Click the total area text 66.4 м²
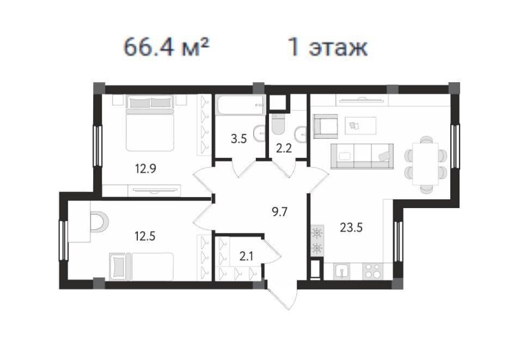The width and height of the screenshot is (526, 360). pos(167,47)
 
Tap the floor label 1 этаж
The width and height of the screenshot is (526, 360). pos(328,47)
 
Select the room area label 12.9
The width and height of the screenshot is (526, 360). pos(145,168)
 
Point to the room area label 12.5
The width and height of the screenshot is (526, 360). pos(145,236)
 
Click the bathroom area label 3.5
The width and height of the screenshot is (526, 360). pos(239,138)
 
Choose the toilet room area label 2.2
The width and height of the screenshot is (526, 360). pos(284,148)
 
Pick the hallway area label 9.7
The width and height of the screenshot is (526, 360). pos(279,212)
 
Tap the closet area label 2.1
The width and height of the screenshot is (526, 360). pos(246,257)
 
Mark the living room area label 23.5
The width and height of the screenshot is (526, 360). pos(351,228)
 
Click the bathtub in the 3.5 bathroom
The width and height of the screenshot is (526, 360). pos(241,105)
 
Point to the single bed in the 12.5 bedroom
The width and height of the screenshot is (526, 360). pos(141,266)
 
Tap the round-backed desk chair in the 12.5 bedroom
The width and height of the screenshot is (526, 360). pos(99,222)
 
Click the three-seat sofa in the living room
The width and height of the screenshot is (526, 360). pos(362,156)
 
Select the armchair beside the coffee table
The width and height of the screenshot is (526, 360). pos(326,126)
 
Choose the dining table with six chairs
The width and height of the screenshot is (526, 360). pos(426,164)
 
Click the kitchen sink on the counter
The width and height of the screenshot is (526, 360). pos(341,271)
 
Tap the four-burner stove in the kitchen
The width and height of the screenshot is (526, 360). pos(372,271)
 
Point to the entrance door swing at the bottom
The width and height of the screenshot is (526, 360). pos(283,295)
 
